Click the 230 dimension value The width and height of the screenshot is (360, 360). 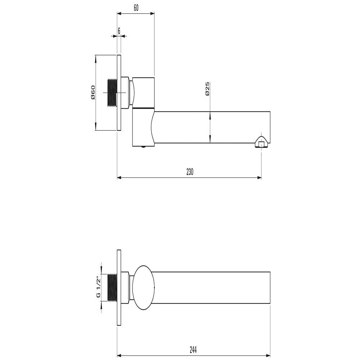190,172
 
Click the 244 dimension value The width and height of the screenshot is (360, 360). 193,350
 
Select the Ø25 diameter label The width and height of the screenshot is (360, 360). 208,89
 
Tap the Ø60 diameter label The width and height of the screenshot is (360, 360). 93,92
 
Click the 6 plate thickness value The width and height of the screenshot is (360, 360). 119,31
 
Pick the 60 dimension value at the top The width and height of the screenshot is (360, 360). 136,8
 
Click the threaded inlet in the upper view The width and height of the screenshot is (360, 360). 112,93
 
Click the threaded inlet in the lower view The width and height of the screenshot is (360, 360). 112,287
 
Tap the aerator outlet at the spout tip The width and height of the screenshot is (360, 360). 261,142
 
